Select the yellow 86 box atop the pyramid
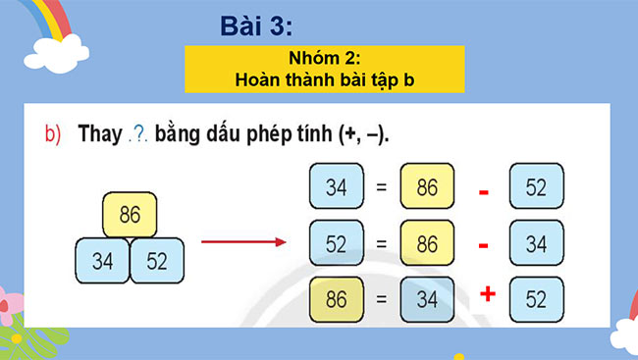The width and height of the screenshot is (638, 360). [130, 214]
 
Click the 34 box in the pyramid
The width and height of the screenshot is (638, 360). [102, 260]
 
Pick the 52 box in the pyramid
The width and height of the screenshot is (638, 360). [158, 260]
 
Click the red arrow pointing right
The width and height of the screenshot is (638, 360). [240, 242]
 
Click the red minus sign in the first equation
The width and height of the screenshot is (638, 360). [484, 192]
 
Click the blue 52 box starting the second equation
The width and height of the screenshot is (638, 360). [336, 244]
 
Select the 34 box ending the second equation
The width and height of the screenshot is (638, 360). [536, 244]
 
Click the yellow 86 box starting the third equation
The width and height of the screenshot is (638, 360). [336, 301]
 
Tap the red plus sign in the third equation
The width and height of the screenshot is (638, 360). [485, 295]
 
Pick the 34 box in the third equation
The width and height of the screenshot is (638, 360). [427, 301]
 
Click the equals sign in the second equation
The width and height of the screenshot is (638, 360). [382, 244]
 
